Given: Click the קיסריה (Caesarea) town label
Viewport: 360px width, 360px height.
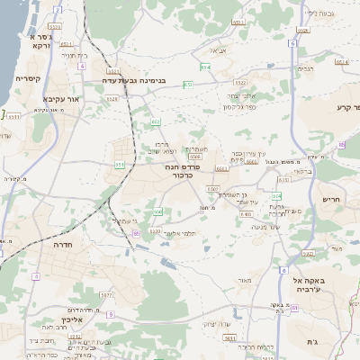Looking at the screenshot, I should point(28,78).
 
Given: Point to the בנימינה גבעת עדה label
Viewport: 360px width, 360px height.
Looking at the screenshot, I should point(148,80).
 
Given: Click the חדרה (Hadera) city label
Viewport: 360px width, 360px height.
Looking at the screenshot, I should point(63,245).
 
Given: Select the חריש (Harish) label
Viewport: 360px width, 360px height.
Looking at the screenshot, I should point(330,200).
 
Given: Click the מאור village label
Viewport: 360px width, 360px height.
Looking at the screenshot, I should point(244,282).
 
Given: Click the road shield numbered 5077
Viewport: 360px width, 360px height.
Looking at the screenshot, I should point(106,294).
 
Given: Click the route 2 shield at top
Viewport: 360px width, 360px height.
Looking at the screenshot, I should point(58,10).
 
